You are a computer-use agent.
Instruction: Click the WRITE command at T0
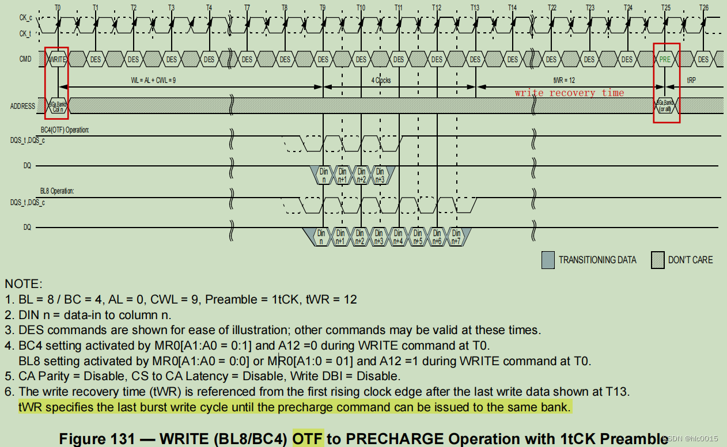tap(57, 59)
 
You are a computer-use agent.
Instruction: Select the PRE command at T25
tap(665, 59)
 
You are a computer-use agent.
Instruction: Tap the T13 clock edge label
tap(475, 7)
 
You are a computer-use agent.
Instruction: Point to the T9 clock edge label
tap(323, 7)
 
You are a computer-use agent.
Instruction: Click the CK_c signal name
tap(25, 18)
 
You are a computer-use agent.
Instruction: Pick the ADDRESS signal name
tap(23, 106)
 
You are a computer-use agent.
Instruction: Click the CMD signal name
tap(25, 59)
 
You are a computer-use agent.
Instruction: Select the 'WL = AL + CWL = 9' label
tap(153, 81)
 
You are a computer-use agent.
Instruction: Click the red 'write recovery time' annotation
tap(569, 93)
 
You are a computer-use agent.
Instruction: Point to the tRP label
tap(691, 81)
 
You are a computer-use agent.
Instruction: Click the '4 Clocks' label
tap(380, 81)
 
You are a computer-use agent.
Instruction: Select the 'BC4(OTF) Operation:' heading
tap(65, 130)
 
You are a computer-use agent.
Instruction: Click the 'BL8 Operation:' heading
tap(57, 191)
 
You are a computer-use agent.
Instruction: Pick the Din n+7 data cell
tap(456, 237)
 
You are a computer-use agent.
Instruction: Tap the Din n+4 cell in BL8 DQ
tap(398, 237)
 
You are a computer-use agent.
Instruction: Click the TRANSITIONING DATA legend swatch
tap(548, 260)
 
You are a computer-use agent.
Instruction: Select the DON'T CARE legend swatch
tap(657, 260)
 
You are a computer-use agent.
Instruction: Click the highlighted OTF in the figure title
tap(308, 438)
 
